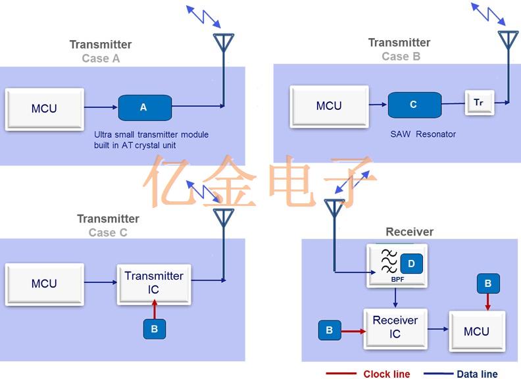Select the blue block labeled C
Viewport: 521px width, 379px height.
pyautogui.click(x=414, y=105)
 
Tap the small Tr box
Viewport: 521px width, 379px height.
pyautogui.click(x=479, y=103)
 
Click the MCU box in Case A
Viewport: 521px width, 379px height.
pyautogui.click(x=45, y=108)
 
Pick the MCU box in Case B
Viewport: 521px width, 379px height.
pyautogui.click(x=329, y=106)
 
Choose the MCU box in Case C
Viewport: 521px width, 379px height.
pyautogui.click(x=45, y=284)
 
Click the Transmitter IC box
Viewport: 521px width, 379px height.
pyautogui.click(x=155, y=284)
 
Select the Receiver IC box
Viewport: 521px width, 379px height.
pyautogui.click(x=395, y=327)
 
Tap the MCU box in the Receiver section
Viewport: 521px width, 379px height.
pyautogui.click(x=476, y=331)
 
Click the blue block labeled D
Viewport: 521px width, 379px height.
pyautogui.click(x=411, y=264)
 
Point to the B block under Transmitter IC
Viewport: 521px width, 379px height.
pyautogui.click(x=155, y=329)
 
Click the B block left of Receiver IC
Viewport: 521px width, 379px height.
pyautogui.click(x=329, y=330)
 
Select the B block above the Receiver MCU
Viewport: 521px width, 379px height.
pyautogui.click(x=487, y=284)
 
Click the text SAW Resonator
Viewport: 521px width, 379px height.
pyautogui.click(x=423, y=134)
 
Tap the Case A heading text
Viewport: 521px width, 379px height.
pyautogui.click(x=101, y=59)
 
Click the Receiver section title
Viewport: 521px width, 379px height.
pyautogui.click(x=409, y=232)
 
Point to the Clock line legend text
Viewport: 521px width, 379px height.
pyautogui.click(x=387, y=374)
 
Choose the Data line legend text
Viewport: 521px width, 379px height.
pyautogui.click(x=477, y=374)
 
